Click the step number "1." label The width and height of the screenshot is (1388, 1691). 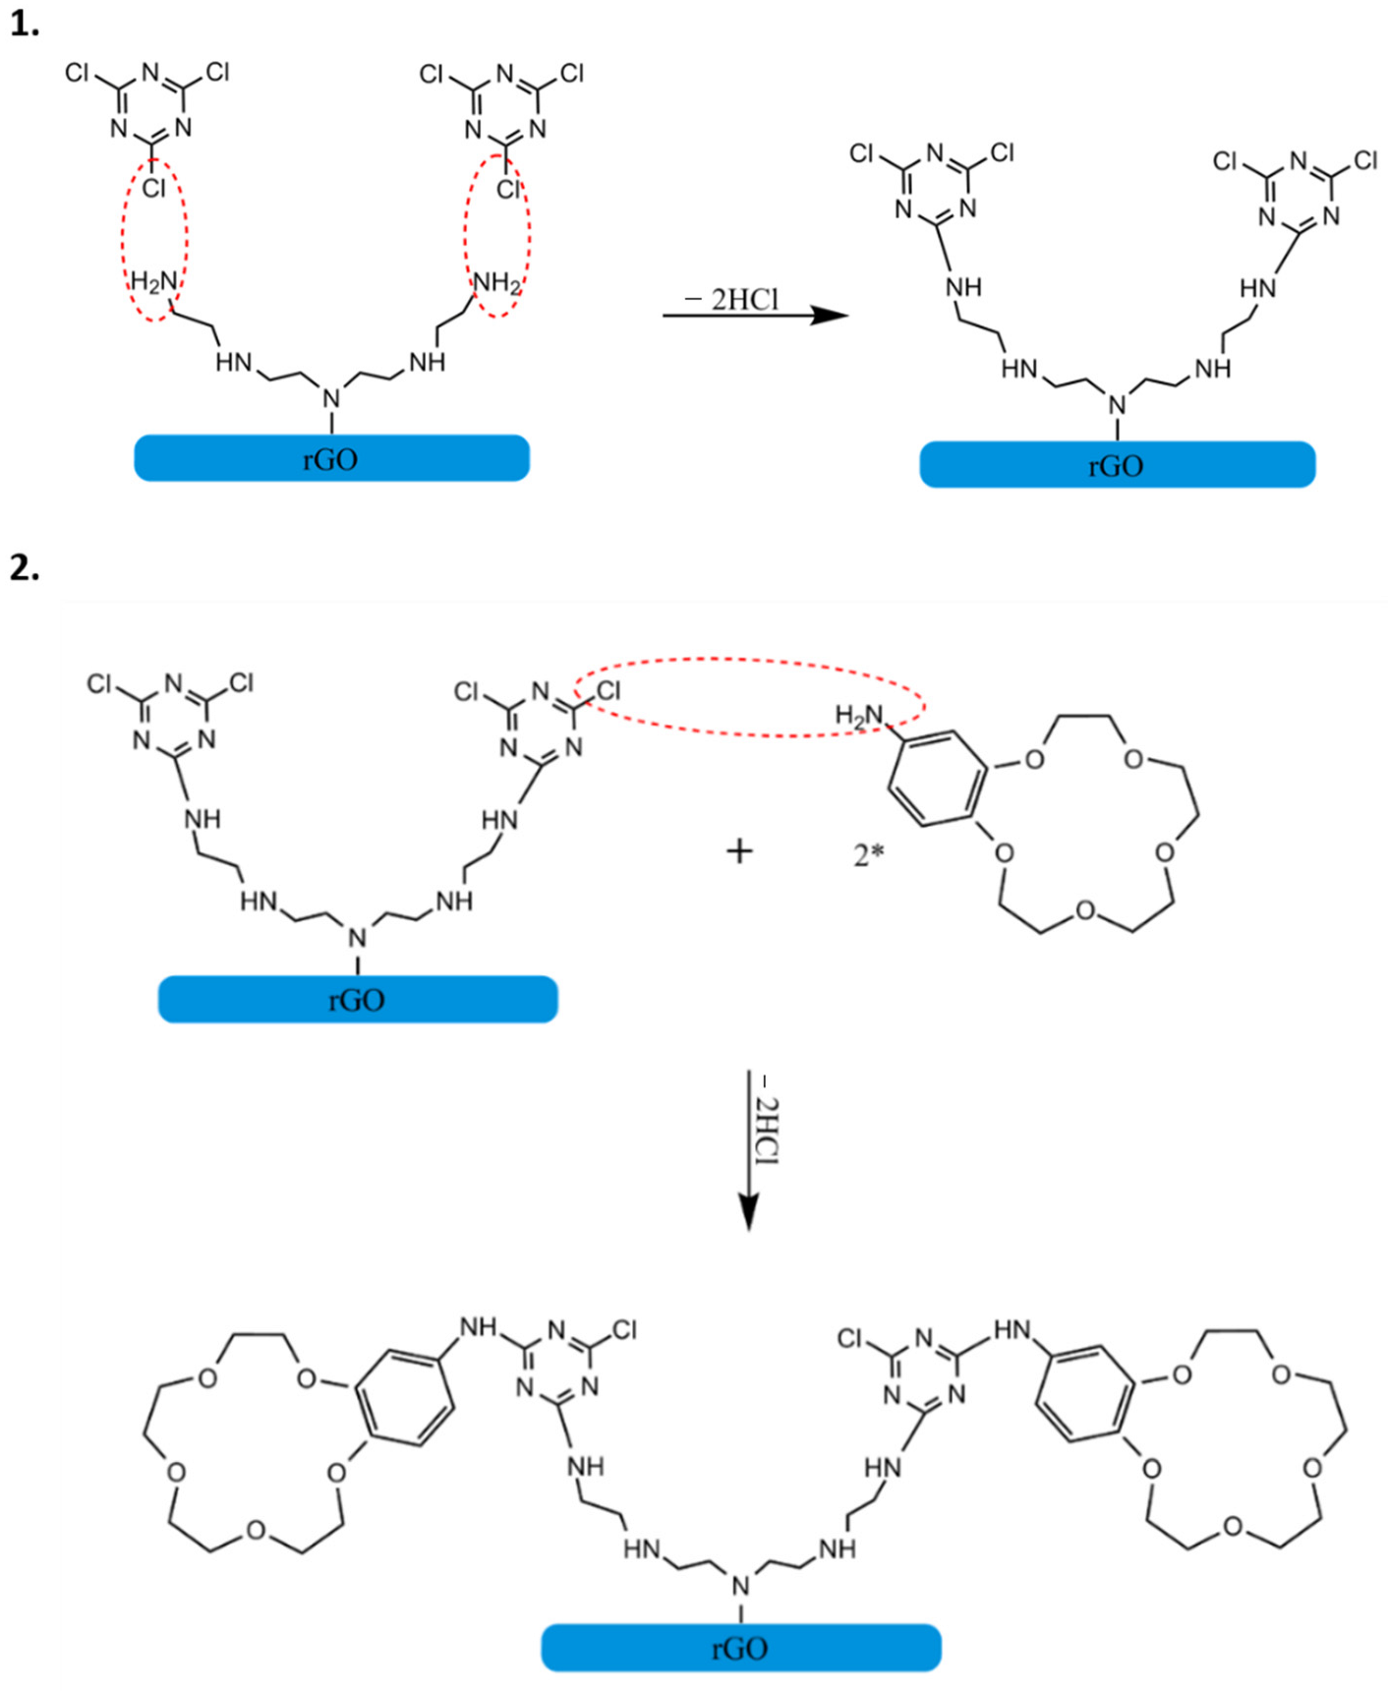pos(24,25)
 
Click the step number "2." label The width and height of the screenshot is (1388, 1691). pos(24,568)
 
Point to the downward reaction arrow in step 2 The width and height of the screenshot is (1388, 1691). pos(749,1150)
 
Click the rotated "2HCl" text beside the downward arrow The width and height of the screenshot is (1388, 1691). pos(768,1131)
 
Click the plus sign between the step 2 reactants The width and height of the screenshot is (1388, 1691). pos(739,850)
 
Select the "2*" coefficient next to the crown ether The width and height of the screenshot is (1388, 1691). pos(868,854)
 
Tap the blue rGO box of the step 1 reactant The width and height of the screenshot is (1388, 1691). pos(331,458)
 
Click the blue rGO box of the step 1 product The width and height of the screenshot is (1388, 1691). pos(1117,464)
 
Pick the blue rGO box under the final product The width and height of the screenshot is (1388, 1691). pos(740,1648)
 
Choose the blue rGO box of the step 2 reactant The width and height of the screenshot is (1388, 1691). pos(358,999)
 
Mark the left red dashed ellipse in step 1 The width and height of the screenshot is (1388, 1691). pos(154,239)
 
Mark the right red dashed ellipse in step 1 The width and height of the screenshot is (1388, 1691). pos(497,235)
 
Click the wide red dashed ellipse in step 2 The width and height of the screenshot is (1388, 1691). pos(749,697)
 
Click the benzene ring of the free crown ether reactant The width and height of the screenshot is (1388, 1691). pos(937,779)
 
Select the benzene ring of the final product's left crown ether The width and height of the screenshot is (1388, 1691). pos(404,1397)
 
